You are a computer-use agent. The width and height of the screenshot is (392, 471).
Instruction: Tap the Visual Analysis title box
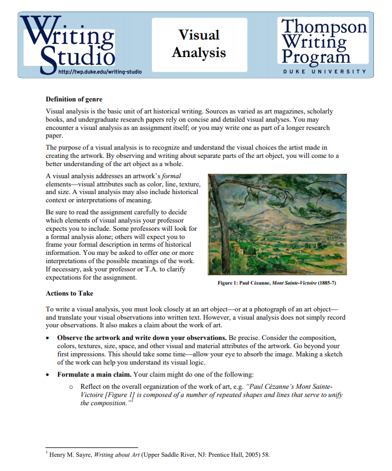pos(199,44)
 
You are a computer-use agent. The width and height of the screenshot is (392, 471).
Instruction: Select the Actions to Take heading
pos(70,293)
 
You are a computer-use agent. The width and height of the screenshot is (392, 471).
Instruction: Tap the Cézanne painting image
pos(277,224)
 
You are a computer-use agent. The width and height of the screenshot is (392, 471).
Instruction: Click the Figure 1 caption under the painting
pos(277,282)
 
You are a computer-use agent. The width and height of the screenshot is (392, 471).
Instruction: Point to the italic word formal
pos(171,176)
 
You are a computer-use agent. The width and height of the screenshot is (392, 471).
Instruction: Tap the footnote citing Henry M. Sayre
pos(159,455)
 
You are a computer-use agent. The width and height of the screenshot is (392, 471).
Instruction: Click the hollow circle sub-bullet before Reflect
pos(71,387)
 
